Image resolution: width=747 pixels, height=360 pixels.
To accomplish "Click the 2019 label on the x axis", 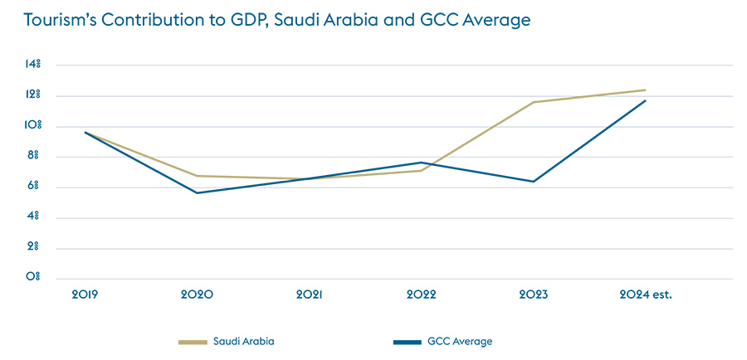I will click(85, 294).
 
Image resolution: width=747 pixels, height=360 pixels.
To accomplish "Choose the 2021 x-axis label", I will click(310, 294).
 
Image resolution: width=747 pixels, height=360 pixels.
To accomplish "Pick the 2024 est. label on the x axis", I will click(646, 294).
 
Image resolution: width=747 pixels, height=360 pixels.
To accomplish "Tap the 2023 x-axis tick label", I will click(534, 294).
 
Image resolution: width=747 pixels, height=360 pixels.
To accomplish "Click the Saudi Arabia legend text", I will click(243, 341).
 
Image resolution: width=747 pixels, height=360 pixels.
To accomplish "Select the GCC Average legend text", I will click(459, 341).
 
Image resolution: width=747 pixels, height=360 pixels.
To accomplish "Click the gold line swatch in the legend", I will click(193, 341).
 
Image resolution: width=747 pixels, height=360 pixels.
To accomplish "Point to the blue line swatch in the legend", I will click(407, 341).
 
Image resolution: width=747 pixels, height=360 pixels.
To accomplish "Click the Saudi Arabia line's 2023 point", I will click(534, 102).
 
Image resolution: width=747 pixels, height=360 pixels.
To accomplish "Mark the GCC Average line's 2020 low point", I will click(198, 192).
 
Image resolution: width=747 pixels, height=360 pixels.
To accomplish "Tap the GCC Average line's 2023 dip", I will click(534, 182).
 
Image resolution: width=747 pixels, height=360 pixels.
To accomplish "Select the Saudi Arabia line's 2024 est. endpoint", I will click(645, 90).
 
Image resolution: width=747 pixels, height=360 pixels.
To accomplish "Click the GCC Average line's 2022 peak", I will click(422, 163).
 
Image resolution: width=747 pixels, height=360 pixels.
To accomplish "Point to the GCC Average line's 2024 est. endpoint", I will click(645, 100).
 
